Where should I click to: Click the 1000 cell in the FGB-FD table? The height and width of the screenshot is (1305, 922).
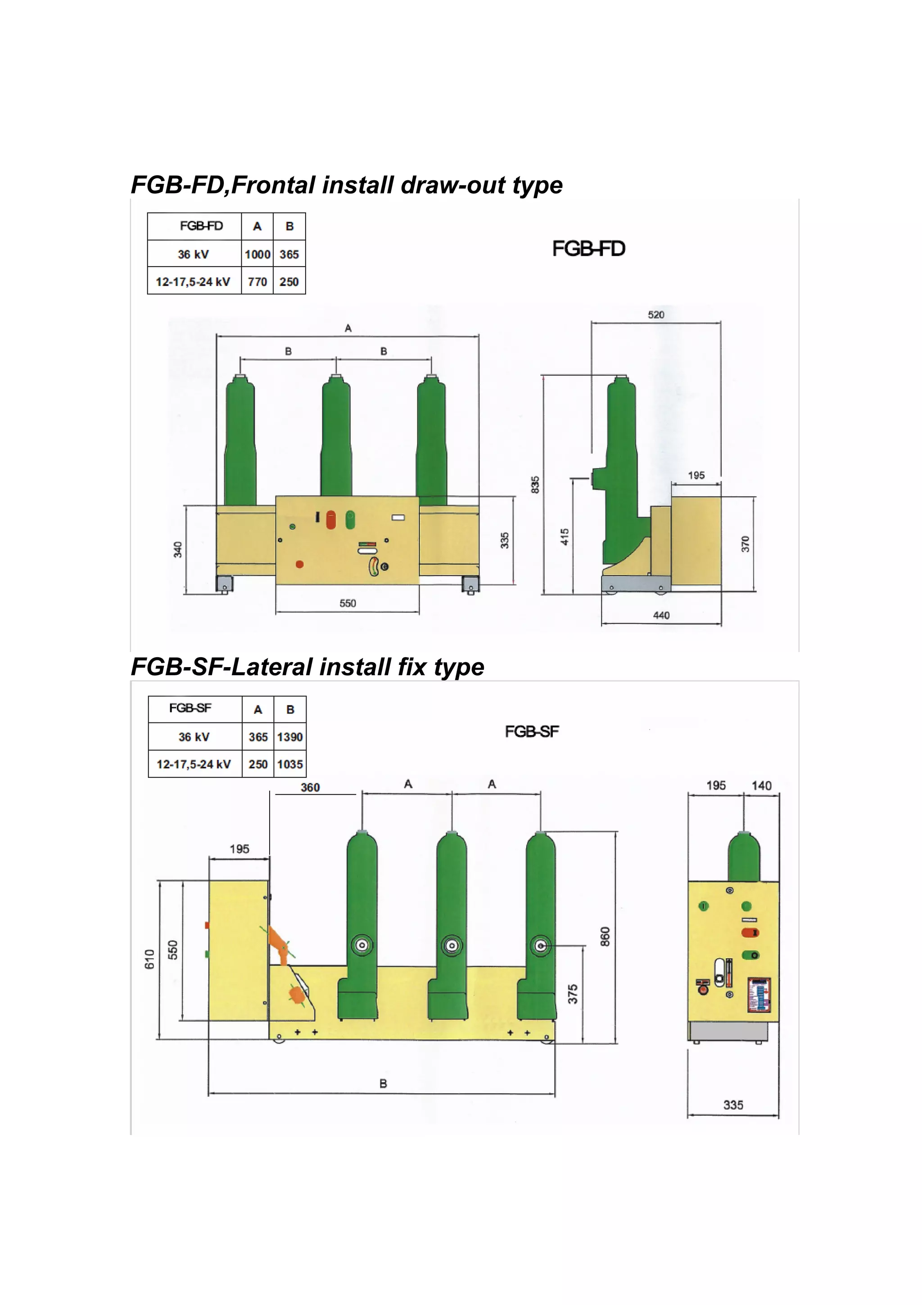tap(258, 254)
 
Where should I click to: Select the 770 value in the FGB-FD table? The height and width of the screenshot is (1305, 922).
tap(258, 282)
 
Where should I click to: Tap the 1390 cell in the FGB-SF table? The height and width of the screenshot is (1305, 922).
tap(290, 737)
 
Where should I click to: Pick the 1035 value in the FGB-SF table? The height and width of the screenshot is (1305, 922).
tap(290, 764)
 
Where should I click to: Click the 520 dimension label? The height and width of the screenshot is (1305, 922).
tap(656, 315)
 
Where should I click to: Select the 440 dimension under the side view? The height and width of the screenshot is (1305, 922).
tap(661, 615)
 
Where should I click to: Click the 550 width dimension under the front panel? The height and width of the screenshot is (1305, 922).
tap(348, 603)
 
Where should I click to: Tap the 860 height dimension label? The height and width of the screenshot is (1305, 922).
tap(605, 937)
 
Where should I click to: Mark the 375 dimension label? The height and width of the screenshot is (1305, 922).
tap(573, 994)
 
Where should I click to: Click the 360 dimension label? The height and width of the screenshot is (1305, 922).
tap(310, 787)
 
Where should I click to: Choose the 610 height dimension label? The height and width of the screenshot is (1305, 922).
tap(149, 959)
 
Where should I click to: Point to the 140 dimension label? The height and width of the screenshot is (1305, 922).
tap(761, 786)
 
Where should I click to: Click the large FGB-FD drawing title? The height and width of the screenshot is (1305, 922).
tap(588, 249)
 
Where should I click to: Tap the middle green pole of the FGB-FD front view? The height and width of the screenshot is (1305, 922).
tap(336, 438)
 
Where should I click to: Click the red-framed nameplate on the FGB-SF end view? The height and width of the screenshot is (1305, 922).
tap(759, 995)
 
